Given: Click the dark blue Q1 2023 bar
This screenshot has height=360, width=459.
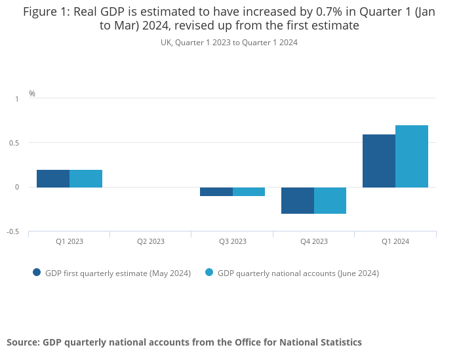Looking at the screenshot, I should [53, 178].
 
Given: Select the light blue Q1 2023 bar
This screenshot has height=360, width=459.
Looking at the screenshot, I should [86, 178].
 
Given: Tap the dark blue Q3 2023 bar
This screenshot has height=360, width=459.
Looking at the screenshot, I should [216, 191].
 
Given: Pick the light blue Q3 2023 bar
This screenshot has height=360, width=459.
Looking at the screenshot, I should [249, 191].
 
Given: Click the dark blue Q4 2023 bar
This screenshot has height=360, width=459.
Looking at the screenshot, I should [298, 200].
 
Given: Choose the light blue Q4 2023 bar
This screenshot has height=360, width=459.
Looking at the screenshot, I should [330, 200].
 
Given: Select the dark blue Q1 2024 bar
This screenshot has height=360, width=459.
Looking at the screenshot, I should [379, 161].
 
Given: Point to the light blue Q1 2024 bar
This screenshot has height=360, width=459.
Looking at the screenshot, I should [412, 156].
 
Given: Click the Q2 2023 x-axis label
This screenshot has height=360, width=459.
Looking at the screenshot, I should [151, 241].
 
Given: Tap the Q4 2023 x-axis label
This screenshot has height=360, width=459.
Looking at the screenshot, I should [314, 241].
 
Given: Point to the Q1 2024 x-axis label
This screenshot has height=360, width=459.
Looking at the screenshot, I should [395, 241].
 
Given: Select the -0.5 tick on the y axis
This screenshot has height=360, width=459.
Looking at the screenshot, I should [13, 231].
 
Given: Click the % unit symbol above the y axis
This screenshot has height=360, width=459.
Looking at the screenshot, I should [32, 94].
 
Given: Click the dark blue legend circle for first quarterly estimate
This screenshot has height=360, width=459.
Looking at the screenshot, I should [37, 273].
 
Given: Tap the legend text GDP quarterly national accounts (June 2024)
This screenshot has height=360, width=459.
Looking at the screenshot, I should [298, 273].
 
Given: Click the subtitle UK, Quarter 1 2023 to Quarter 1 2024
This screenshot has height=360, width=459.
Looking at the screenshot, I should [229, 43].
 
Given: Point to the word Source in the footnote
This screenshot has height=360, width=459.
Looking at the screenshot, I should [22, 342].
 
